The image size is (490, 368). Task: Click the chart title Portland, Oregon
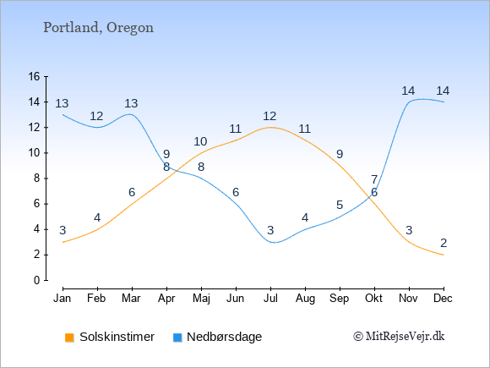point(99,28)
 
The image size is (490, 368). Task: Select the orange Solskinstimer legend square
point(69,338)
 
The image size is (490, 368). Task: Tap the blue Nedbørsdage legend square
point(177,338)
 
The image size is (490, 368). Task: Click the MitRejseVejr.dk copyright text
point(399,337)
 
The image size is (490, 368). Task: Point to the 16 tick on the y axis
point(35,76)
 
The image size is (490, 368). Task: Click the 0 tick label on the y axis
point(37,280)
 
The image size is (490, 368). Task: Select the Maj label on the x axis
point(201,299)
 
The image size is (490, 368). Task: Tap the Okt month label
point(374,298)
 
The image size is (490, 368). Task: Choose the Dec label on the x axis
point(444,298)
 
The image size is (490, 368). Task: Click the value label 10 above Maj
point(200,142)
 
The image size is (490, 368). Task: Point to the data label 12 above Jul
point(269,117)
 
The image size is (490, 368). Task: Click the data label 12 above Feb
point(96,117)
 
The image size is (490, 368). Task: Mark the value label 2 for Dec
point(444,243)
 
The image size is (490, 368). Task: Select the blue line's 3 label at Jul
point(270,230)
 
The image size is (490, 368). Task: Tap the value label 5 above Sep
point(340,205)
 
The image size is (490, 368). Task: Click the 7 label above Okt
point(374,179)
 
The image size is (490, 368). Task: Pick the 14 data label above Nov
point(408,91)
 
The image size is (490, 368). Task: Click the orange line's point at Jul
point(270,128)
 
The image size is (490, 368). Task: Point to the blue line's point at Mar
point(132,114)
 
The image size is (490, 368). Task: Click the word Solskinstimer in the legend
point(117,337)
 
